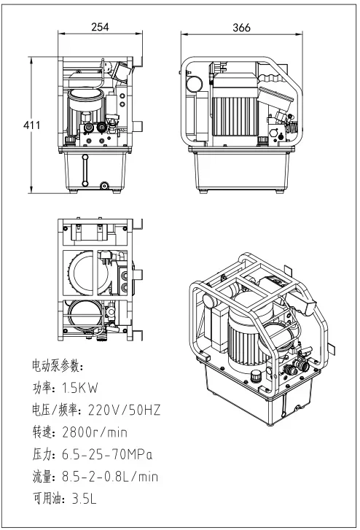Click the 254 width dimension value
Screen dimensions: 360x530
[x=100, y=27]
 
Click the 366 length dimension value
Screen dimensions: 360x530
[x=241, y=28]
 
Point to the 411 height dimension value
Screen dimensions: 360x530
[x=31, y=125]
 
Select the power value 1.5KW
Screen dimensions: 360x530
[x=79, y=388]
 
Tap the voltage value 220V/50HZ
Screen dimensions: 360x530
[x=124, y=410]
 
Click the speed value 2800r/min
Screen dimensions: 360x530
[x=95, y=432]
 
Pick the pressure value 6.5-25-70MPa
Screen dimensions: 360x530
[x=107, y=454]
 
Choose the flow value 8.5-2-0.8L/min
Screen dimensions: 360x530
[x=110, y=477]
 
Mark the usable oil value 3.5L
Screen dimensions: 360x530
[x=84, y=499]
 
